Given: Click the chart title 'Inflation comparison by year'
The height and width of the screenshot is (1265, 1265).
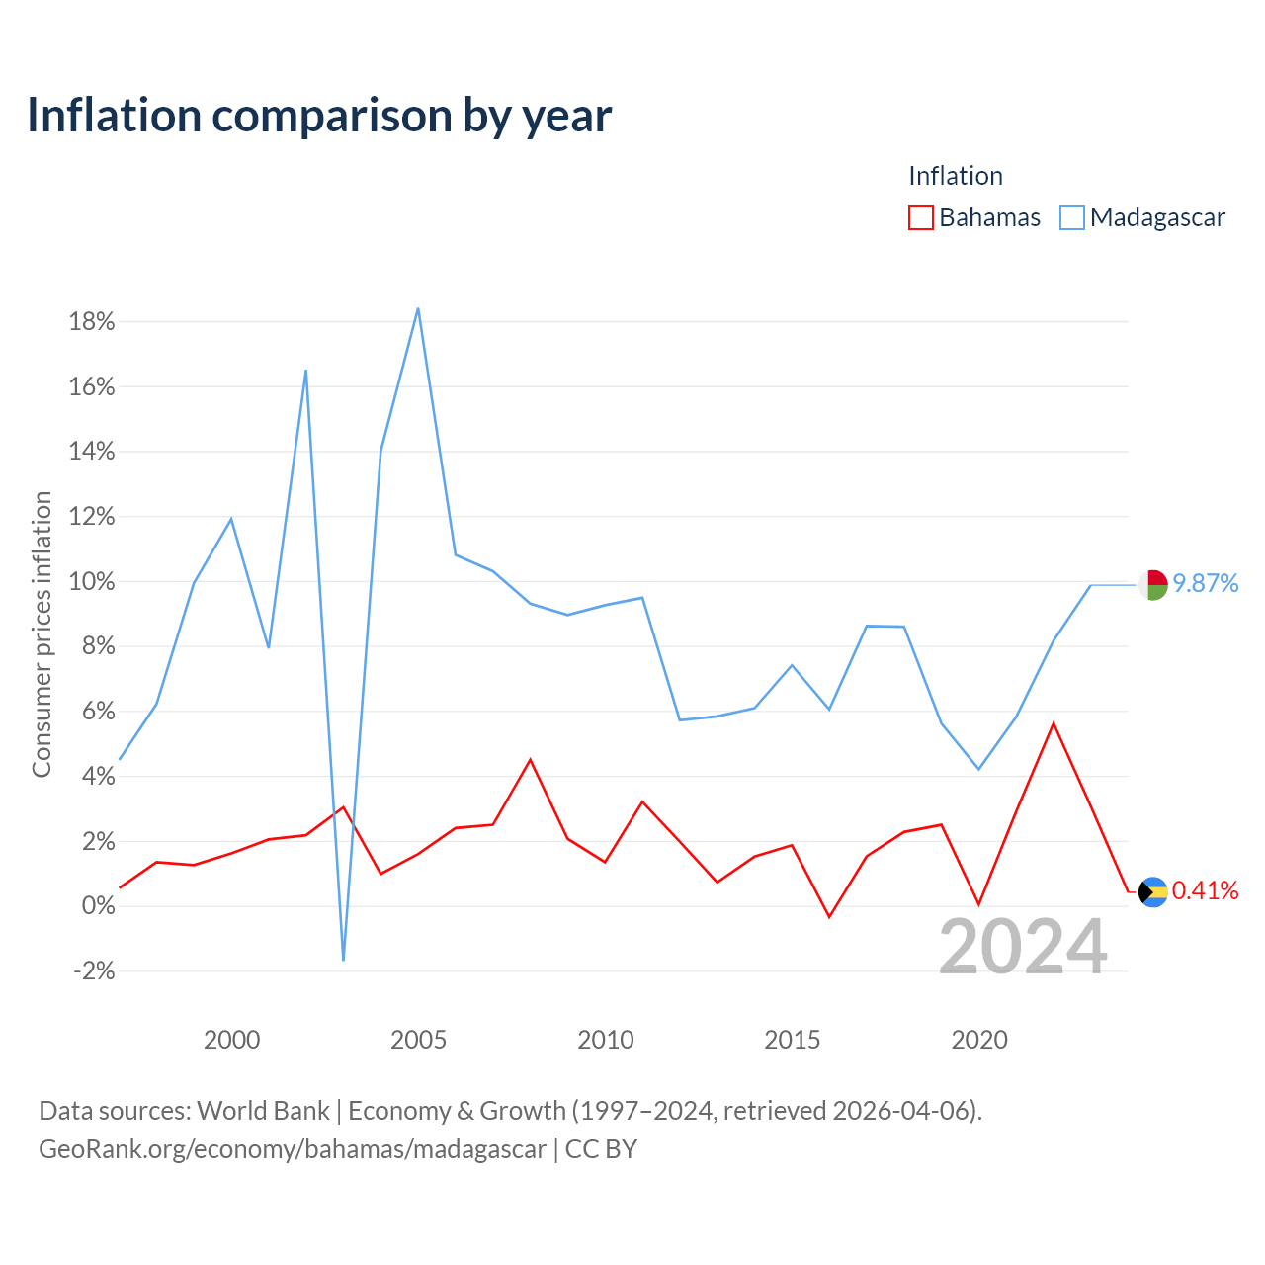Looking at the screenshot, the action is click(319, 117).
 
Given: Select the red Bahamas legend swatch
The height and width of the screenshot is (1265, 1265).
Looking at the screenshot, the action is click(920, 217).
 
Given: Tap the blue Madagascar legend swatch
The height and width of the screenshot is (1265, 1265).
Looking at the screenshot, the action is click(1071, 217).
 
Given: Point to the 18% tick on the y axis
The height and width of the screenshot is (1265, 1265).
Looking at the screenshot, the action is click(92, 321).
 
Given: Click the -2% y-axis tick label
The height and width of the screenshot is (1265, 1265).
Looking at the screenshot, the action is click(94, 970).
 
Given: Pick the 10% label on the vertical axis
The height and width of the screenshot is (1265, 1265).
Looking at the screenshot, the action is click(92, 582).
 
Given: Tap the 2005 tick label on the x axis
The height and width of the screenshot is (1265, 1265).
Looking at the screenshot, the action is click(418, 1040).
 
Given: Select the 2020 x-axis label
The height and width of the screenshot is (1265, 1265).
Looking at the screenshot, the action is click(978, 1040).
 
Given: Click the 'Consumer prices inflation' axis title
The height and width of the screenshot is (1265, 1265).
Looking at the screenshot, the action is click(42, 634).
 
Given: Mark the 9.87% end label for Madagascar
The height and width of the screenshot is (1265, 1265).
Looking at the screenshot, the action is click(1206, 583).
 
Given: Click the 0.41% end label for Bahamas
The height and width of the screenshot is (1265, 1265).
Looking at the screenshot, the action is click(1206, 890).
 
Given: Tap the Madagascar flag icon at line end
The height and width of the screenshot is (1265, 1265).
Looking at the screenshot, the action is click(1153, 585).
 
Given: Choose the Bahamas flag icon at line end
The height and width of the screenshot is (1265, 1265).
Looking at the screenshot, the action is click(1153, 892).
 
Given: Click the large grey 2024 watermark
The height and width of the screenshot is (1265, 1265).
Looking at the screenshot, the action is click(1024, 947).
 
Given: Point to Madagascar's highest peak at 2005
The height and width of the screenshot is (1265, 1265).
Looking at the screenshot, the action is click(418, 308).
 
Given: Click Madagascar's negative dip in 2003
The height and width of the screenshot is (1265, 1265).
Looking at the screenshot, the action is click(343, 961).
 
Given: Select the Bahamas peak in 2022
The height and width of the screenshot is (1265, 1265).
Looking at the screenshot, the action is click(1054, 723).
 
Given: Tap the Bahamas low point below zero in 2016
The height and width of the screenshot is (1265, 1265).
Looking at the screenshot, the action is click(829, 917).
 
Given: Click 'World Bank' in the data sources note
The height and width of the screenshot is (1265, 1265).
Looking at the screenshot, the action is click(263, 1111).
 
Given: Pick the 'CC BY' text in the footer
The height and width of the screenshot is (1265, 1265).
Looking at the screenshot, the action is click(601, 1149).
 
